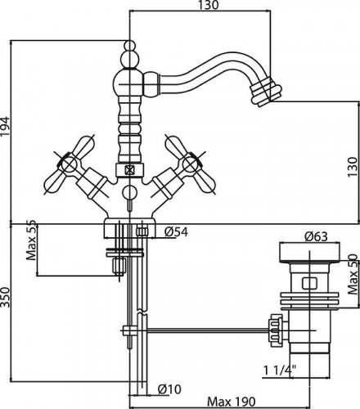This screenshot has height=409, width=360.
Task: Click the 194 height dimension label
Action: (x=6, y=126)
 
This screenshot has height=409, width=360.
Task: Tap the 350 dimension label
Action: (x=6, y=297)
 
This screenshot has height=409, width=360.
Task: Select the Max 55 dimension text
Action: (x=31, y=240)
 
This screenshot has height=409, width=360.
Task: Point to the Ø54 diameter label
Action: (x=176, y=232)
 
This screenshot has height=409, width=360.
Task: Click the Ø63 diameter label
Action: (x=316, y=236)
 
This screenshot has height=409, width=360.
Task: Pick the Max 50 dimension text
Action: (x=353, y=274)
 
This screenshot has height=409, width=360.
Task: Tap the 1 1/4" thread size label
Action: (x=280, y=371)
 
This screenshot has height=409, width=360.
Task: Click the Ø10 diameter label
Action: (x=169, y=389)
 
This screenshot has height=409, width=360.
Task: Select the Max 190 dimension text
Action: (x=232, y=402)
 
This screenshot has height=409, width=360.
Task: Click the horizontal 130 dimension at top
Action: (x=209, y=5)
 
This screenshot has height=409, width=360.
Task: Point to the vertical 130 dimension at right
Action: (x=353, y=167)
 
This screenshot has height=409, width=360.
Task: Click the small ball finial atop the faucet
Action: (x=130, y=45)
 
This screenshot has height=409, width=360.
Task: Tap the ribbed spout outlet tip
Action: (x=266, y=94)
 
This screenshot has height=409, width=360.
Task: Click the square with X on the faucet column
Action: (x=128, y=170)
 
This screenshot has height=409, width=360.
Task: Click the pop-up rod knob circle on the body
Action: (x=129, y=193)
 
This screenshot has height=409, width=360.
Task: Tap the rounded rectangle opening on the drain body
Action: (x=310, y=283)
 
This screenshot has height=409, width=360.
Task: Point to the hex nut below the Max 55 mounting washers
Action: (x=119, y=266)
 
